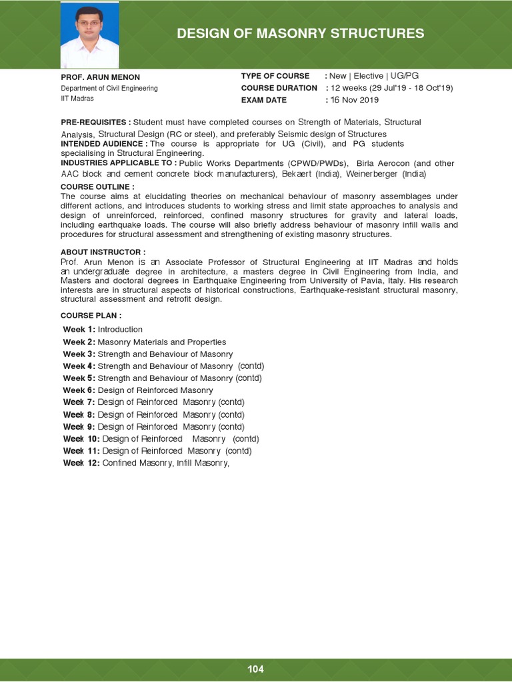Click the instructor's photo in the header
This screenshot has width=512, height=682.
(x=90, y=34)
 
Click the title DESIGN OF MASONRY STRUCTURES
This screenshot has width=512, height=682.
(x=300, y=33)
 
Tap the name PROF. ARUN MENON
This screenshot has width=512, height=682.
(x=101, y=77)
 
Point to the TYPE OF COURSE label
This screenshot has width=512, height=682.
(x=275, y=76)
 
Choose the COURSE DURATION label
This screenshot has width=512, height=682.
(x=279, y=88)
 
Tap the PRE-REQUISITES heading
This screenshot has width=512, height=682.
(x=95, y=123)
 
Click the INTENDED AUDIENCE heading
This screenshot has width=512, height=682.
(x=104, y=144)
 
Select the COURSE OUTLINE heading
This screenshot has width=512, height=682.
(x=97, y=187)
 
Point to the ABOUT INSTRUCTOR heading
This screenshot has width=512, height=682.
(x=103, y=252)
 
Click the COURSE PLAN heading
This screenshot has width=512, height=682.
(x=91, y=315)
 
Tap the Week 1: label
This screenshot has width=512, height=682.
(x=79, y=330)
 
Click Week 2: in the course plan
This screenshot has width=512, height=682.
(x=79, y=342)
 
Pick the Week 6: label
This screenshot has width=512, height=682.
(x=79, y=390)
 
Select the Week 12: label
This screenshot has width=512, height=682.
(x=81, y=464)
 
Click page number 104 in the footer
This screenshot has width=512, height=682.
(x=255, y=669)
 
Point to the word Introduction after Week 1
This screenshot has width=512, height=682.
(x=120, y=330)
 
